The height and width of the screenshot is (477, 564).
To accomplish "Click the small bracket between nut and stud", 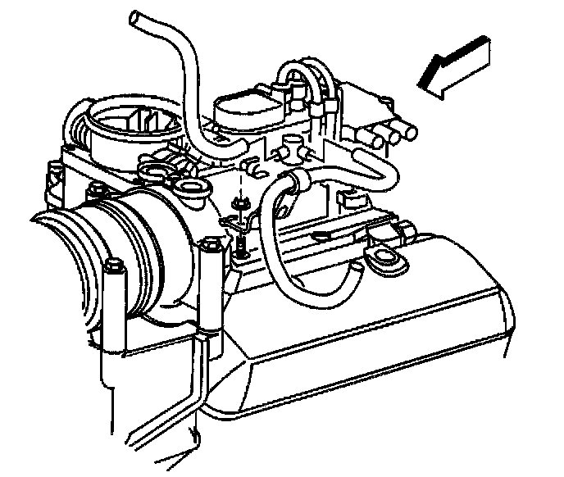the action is click(235, 221).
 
